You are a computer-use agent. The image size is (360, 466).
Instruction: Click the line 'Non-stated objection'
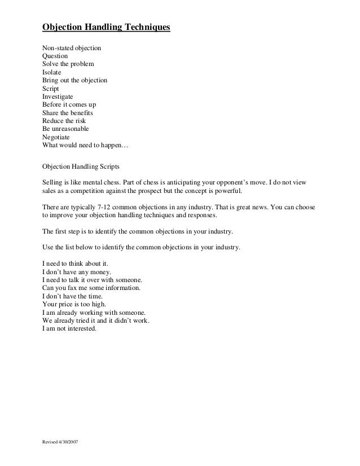tap(72, 49)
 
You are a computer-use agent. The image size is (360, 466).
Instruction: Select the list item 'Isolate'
tap(52, 73)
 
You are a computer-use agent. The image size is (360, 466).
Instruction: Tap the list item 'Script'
tap(50, 89)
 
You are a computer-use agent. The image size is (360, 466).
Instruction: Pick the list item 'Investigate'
tap(58, 97)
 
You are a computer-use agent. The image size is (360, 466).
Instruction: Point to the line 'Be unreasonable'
tap(65, 129)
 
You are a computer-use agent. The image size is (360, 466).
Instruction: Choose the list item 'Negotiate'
tap(57, 137)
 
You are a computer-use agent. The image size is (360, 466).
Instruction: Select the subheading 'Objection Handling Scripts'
tap(81, 167)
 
